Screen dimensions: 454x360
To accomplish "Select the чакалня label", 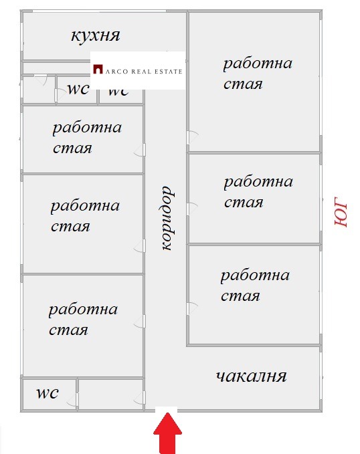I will (251, 376).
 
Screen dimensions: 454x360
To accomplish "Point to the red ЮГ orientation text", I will (341, 212).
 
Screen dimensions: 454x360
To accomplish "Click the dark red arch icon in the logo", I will (98, 70).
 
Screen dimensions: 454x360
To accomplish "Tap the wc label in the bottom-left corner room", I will (46, 393).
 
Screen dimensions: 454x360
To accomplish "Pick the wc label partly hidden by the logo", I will (118, 92).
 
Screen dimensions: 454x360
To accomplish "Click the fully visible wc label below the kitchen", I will (78, 90).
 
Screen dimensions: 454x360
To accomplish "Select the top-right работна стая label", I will (258, 74).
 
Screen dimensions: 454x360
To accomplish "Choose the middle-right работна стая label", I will (258, 192).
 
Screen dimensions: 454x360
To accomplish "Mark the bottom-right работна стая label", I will (255, 286).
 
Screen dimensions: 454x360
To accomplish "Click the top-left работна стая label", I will (87, 137).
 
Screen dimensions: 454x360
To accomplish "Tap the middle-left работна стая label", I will (85, 215).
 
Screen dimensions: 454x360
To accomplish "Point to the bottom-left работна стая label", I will (83, 320).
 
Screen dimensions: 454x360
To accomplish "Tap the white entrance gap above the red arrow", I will (165, 409).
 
